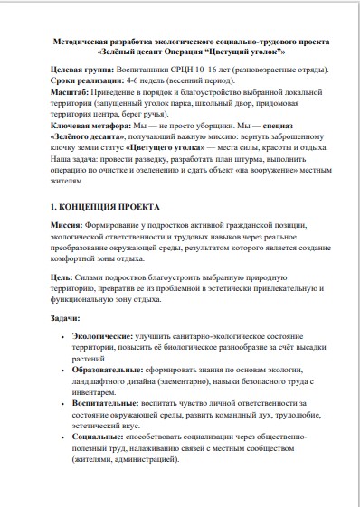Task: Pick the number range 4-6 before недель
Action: [128, 81]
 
